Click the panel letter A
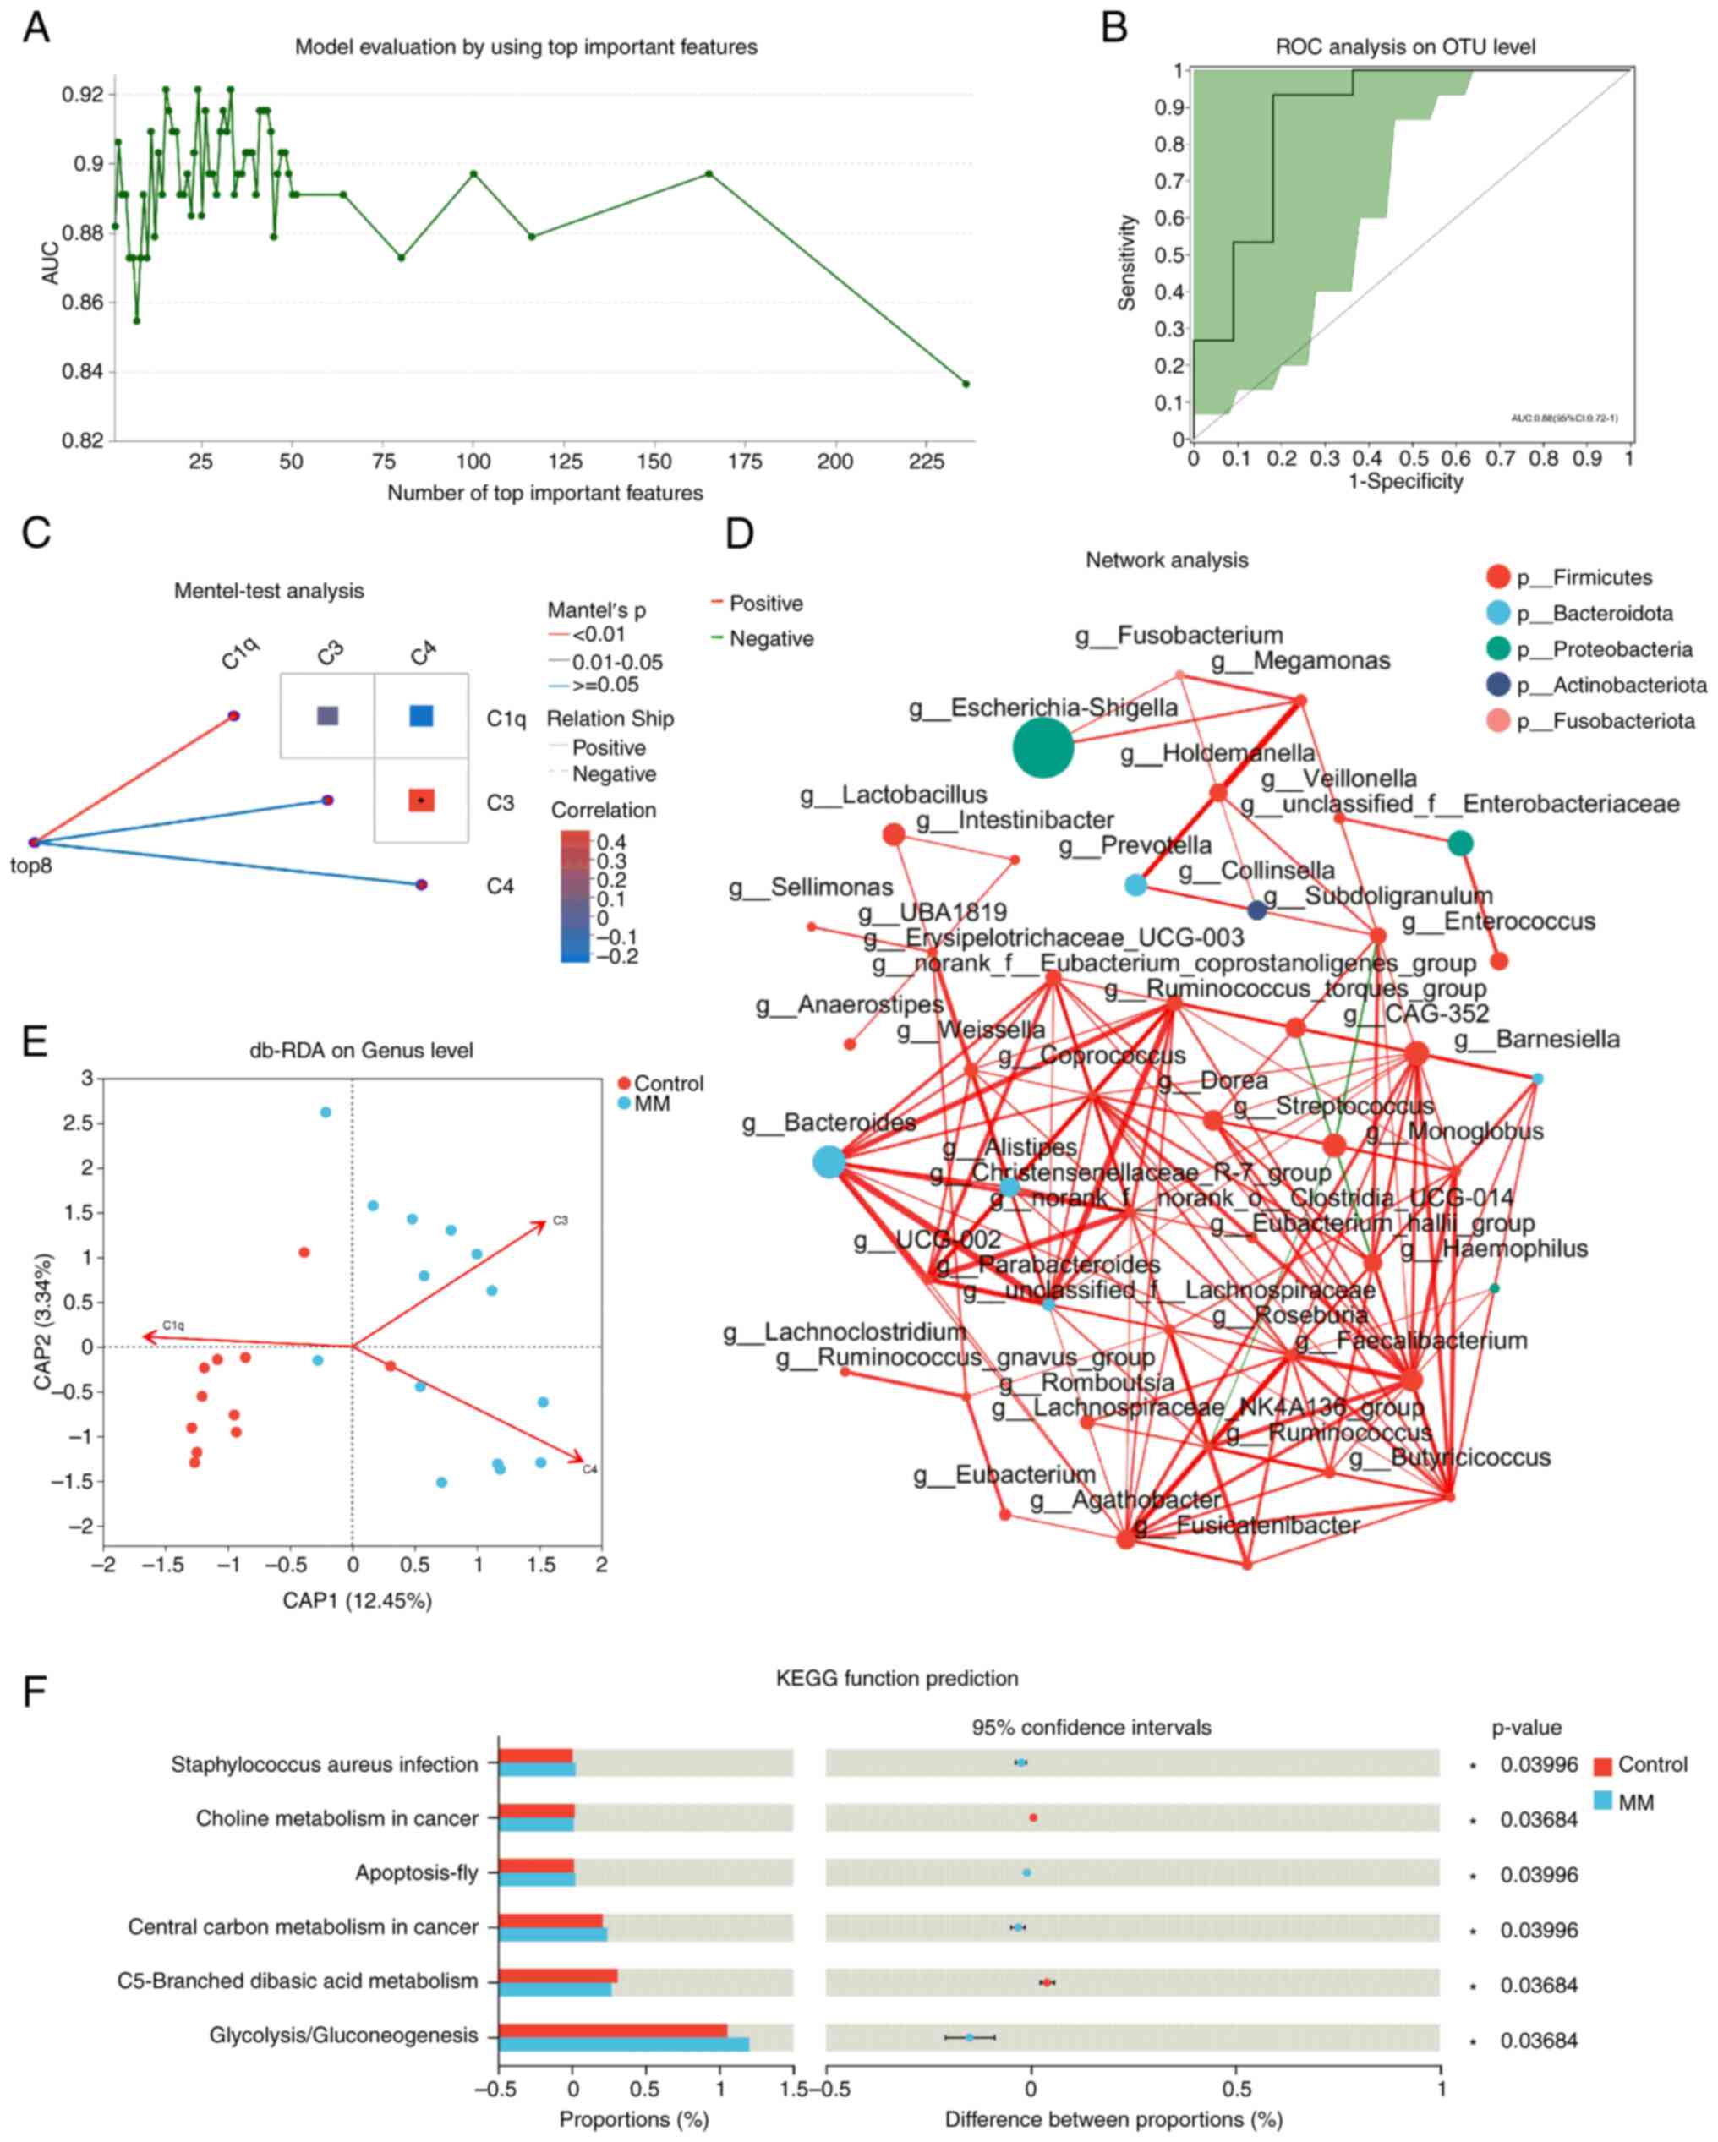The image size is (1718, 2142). (x=36, y=28)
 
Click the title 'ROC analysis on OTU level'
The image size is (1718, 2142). (x=1404, y=46)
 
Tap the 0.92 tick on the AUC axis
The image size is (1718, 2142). (x=83, y=96)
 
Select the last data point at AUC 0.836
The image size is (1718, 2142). (x=965, y=384)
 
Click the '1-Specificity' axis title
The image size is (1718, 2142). (x=1404, y=482)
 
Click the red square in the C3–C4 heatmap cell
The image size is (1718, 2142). (x=421, y=800)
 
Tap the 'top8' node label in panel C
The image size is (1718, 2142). (x=30, y=866)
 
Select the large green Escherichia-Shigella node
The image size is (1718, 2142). (x=1042, y=747)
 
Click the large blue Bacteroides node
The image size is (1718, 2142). (x=828, y=1161)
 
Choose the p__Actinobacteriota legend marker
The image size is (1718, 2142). (x=1497, y=685)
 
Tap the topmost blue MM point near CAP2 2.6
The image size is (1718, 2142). (x=325, y=1112)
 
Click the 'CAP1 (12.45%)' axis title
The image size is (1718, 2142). (x=357, y=1600)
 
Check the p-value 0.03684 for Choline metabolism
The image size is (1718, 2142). (x=1538, y=1819)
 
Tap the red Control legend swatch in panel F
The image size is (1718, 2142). (x=1600, y=1766)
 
